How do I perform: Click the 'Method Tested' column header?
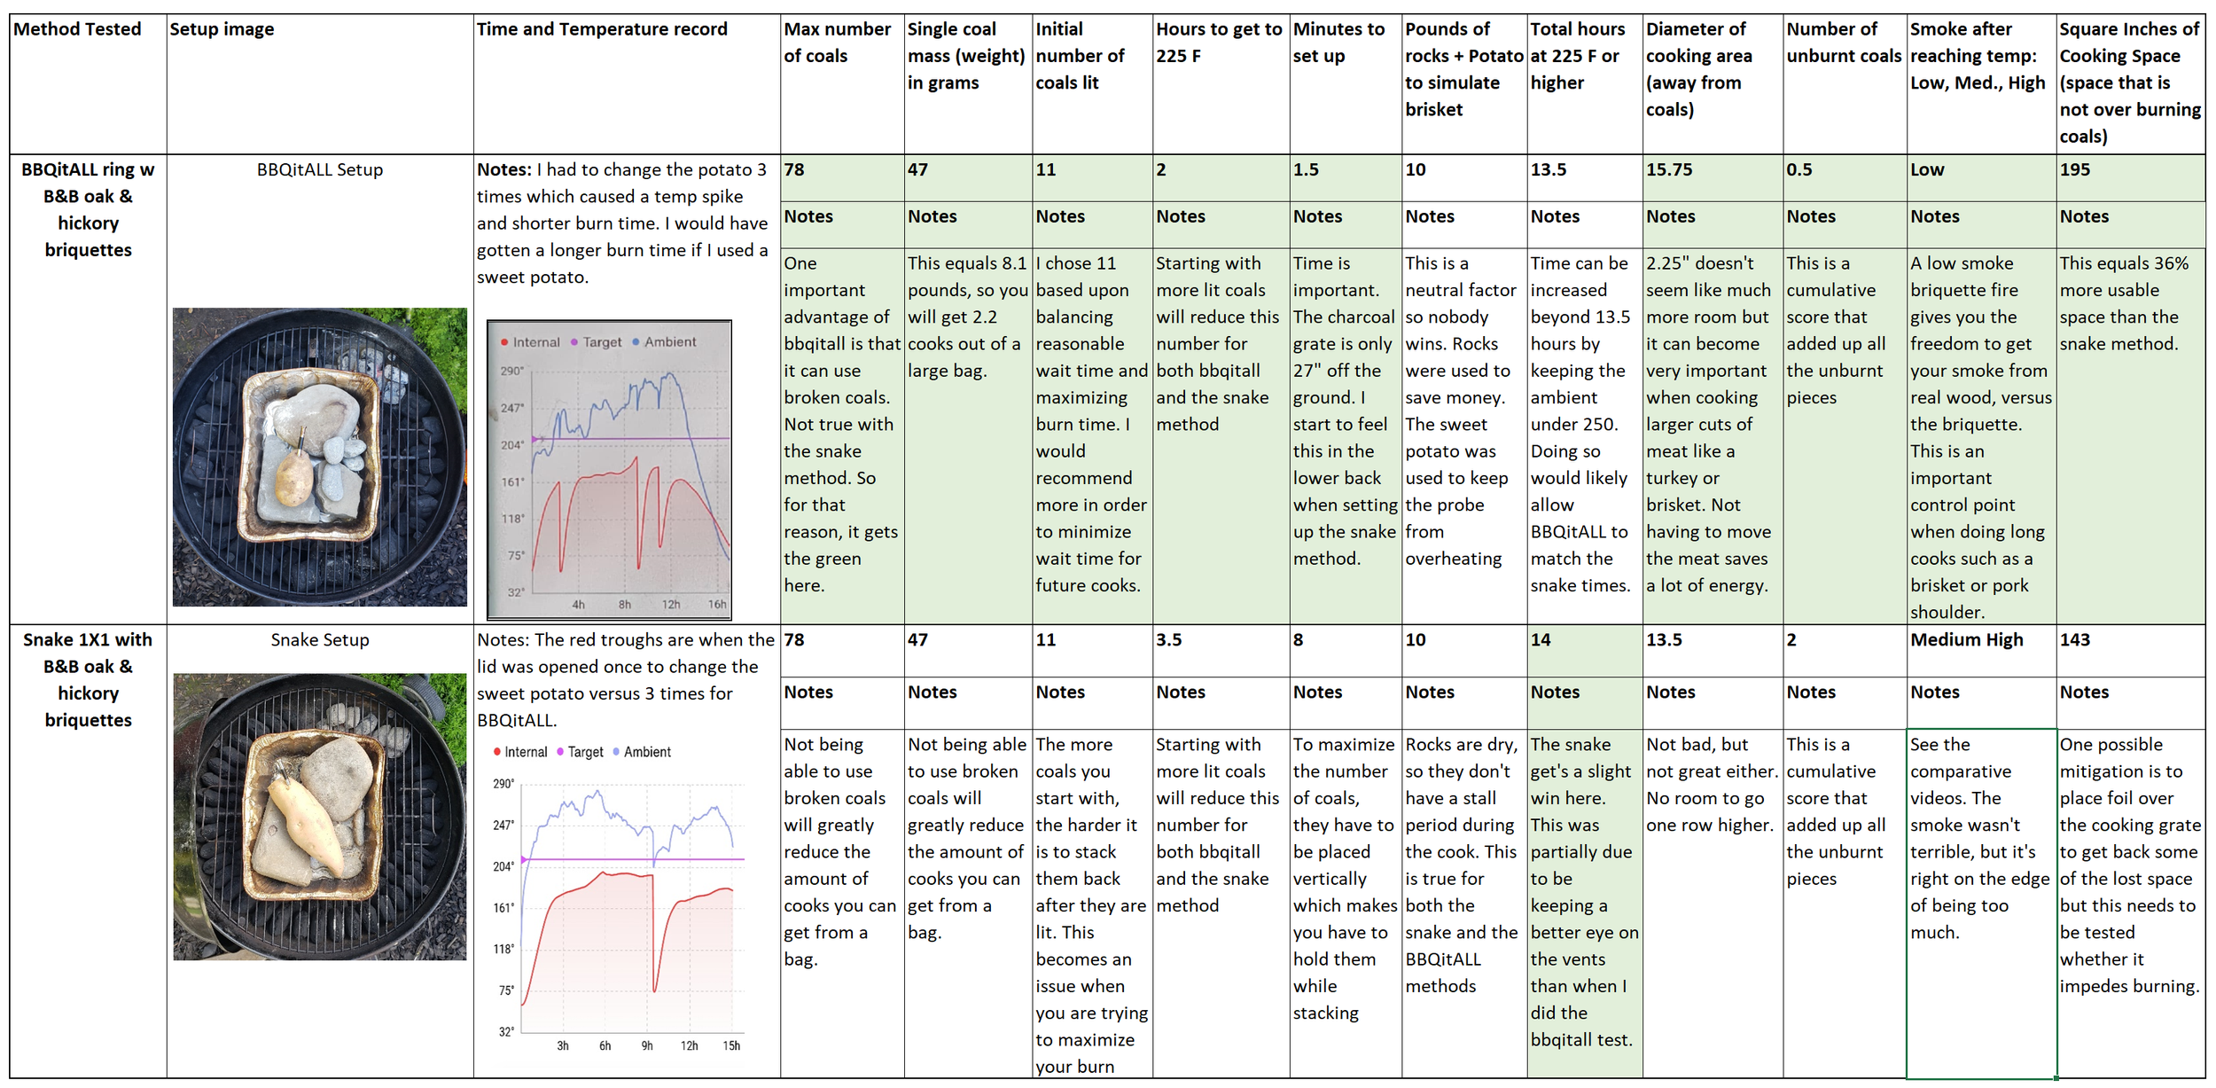(x=77, y=29)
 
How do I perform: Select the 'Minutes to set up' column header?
(x=1338, y=42)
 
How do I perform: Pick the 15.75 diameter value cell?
(x=1668, y=169)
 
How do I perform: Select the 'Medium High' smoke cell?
(x=1966, y=639)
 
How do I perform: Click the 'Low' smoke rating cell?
(x=1926, y=169)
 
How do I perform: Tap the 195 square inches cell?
(x=2074, y=169)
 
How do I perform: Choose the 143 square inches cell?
(x=2074, y=639)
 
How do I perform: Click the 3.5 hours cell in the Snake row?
(x=1168, y=639)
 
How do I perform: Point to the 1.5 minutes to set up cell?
(x=1306, y=169)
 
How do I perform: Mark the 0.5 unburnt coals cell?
(x=1799, y=169)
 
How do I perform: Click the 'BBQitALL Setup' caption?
(x=320, y=169)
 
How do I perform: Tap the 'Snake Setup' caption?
(x=320, y=639)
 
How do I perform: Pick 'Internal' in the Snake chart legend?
(x=525, y=752)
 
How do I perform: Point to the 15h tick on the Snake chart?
(x=731, y=1045)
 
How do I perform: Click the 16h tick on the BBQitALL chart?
(x=717, y=605)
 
